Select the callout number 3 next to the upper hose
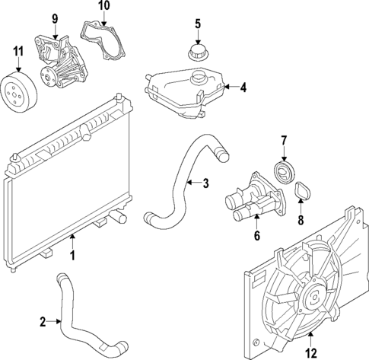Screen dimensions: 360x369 pos(205,183)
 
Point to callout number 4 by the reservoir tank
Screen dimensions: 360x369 pos(243,88)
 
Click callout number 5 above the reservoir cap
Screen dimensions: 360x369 pos(197,24)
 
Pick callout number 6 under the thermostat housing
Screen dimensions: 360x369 pos(257,237)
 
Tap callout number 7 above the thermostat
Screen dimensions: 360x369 pos(284,141)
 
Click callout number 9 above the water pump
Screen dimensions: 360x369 pos(54,18)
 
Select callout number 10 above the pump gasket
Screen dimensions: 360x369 pos(104,6)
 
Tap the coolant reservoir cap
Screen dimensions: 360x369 pos(197,55)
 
